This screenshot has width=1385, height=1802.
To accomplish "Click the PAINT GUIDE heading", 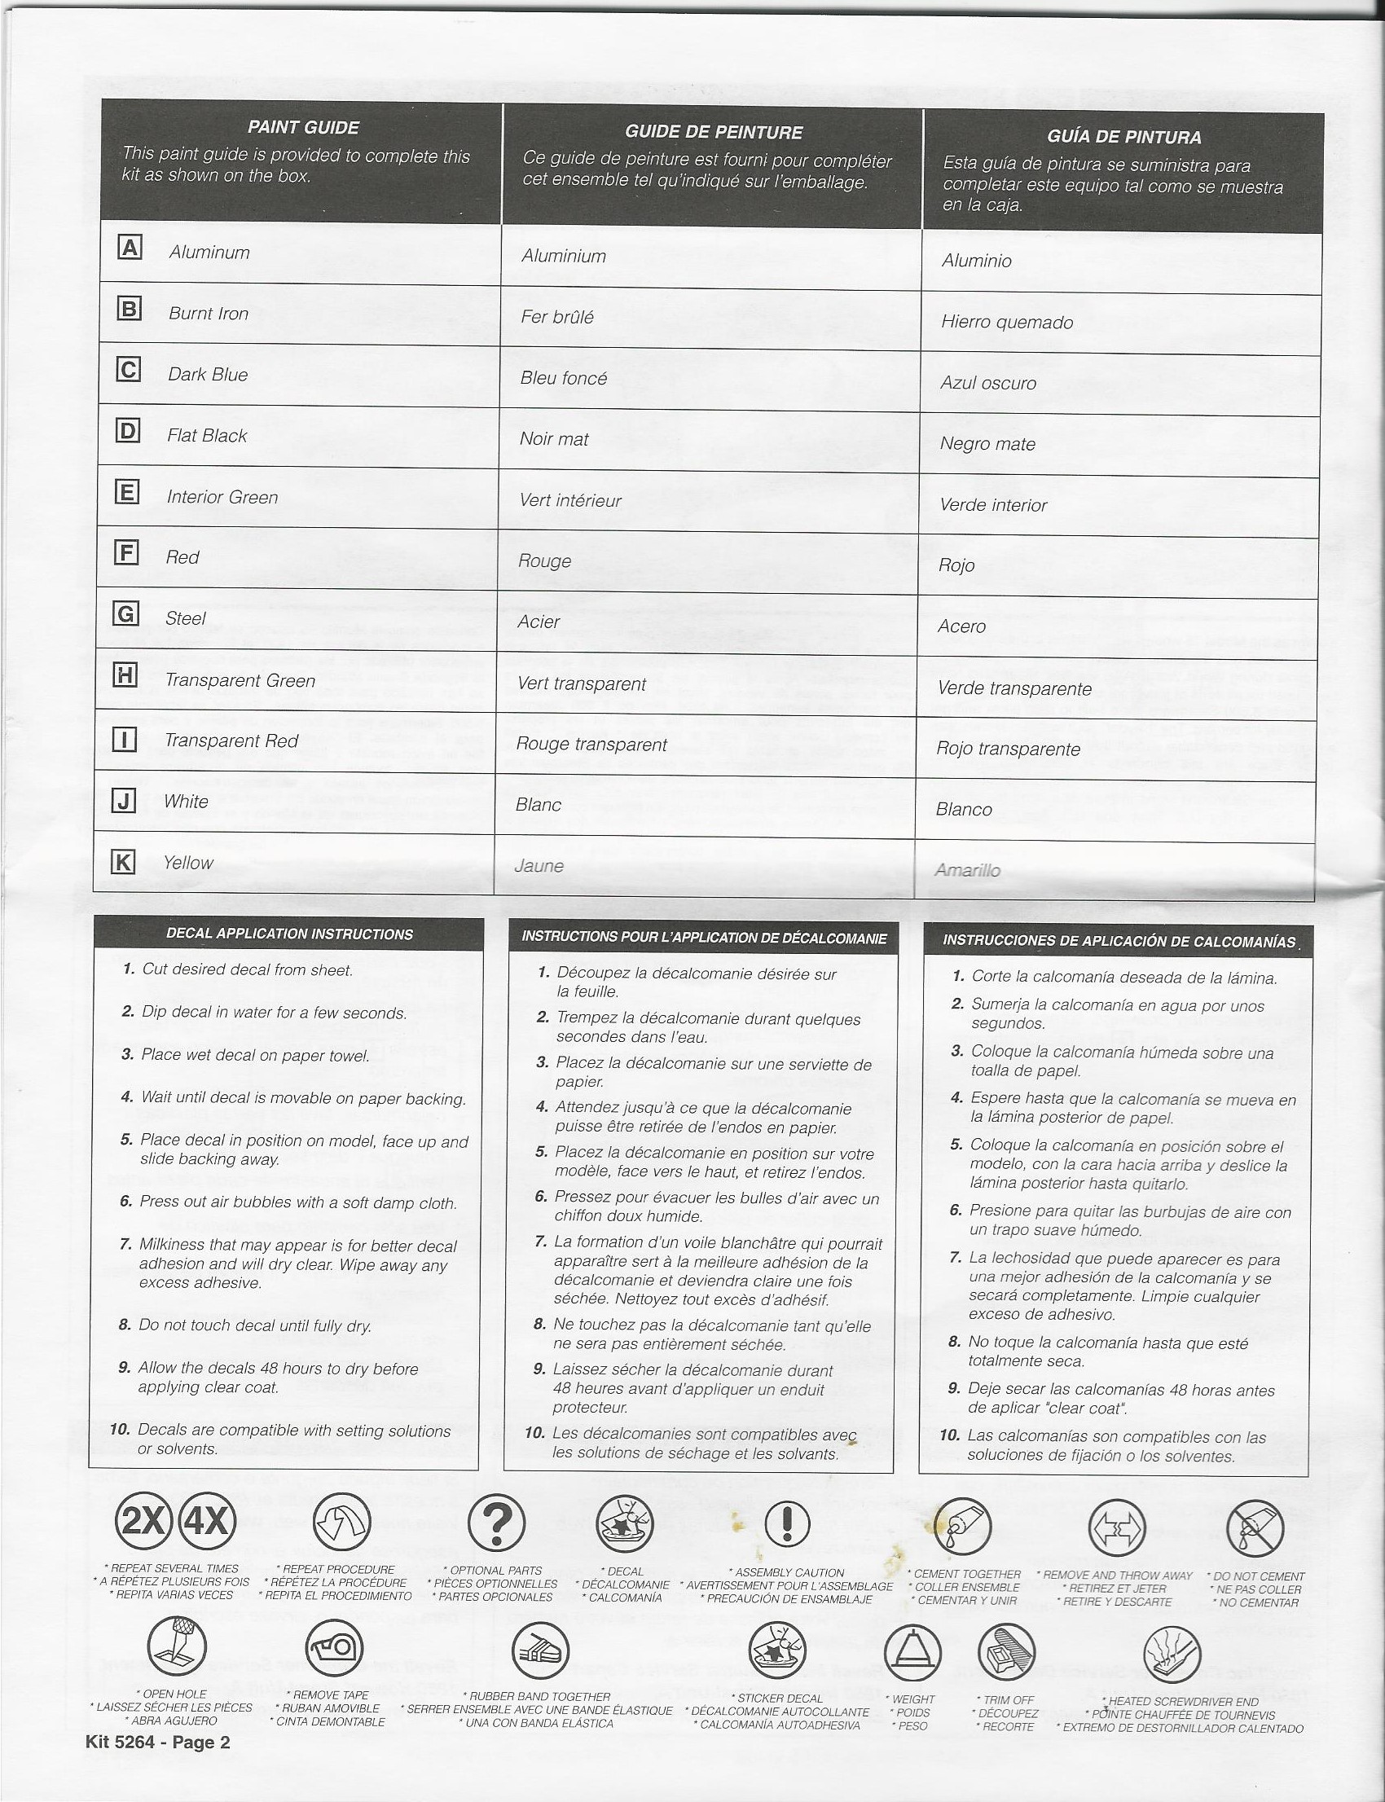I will pyautogui.click(x=302, y=128).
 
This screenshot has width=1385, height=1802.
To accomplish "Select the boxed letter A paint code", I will pyautogui.click(x=130, y=248).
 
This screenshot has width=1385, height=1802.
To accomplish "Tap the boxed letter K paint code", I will pyautogui.click(x=123, y=862).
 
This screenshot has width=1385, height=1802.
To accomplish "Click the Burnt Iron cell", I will pyautogui.click(x=208, y=314).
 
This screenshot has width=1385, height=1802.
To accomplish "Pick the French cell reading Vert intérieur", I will pyautogui.click(x=569, y=500).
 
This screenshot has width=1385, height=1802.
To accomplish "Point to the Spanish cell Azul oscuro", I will pyautogui.click(x=987, y=384).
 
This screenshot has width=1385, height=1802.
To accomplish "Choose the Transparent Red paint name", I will pyautogui.click(x=231, y=741).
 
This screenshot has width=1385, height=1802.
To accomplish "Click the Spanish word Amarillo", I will pyautogui.click(x=967, y=871).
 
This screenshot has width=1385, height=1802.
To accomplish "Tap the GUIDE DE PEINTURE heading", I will pyautogui.click(x=713, y=132).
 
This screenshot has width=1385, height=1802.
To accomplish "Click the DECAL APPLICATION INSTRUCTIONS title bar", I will pyautogui.click(x=289, y=934).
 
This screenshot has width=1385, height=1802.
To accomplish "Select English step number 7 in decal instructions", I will pyautogui.click(x=125, y=1244).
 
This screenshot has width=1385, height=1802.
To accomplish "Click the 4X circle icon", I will pyautogui.click(x=207, y=1522).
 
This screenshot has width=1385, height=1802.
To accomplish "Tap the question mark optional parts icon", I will pyautogui.click(x=497, y=1523).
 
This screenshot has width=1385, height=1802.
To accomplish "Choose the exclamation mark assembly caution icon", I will pyautogui.click(x=787, y=1525).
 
